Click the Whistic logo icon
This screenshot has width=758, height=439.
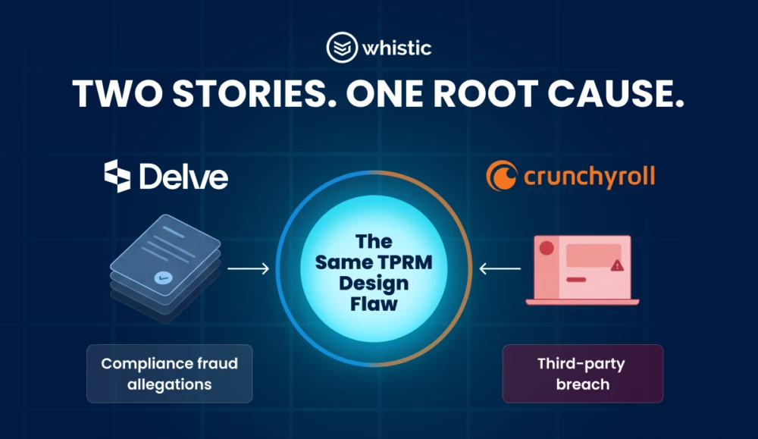pyautogui.click(x=342, y=48)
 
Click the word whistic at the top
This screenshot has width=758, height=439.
pyautogui.click(x=396, y=49)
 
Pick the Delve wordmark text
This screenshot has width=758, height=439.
pyautogui.click(x=183, y=177)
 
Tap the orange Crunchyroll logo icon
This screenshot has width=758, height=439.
pyautogui.click(x=500, y=177)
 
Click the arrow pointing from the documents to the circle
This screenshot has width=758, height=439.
pyautogui.click(x=248, y=268)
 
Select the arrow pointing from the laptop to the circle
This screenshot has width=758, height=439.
pyautogui.click(x=500, y=268)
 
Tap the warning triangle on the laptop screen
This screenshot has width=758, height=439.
pyautogui.click(x=616, y=265)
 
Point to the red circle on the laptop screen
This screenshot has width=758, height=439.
pyautogui.click(x=547, y=249)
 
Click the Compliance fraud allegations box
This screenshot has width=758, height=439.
pyautogui.click(x=170, y=374)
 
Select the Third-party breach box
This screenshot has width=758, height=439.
pyautogui.click(x=582, y=374)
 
